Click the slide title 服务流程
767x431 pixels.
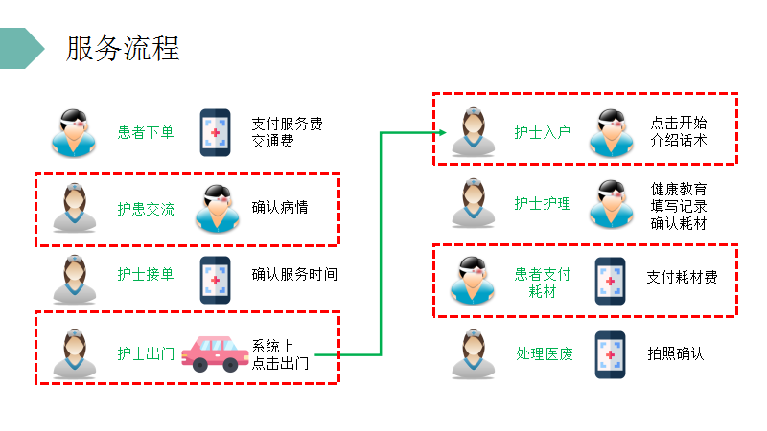(x=123, y=48)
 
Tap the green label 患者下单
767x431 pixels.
(x=146, y=132)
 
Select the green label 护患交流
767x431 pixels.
(x=146, y=208)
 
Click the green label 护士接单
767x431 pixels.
(x=146, y=275)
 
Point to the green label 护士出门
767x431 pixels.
(x=146, y=353)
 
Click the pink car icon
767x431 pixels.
(x=215, y=353)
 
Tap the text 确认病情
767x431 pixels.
(x=280, y=208)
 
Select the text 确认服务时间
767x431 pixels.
(x=294, y=275)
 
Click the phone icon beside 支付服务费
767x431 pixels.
(x=215, y=132)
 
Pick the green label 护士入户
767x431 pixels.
(x=543, y=132)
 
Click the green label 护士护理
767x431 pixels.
(x=543, y=203)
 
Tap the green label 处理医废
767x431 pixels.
(x=543, y=353)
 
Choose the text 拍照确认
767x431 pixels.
(x=676, y=353)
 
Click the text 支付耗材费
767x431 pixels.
(x=682, y=278)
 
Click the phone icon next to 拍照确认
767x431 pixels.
(x=610, y=354)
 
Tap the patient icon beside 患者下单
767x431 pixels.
(x=73, y=132)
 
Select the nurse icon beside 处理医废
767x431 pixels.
(x=472, y=354)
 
